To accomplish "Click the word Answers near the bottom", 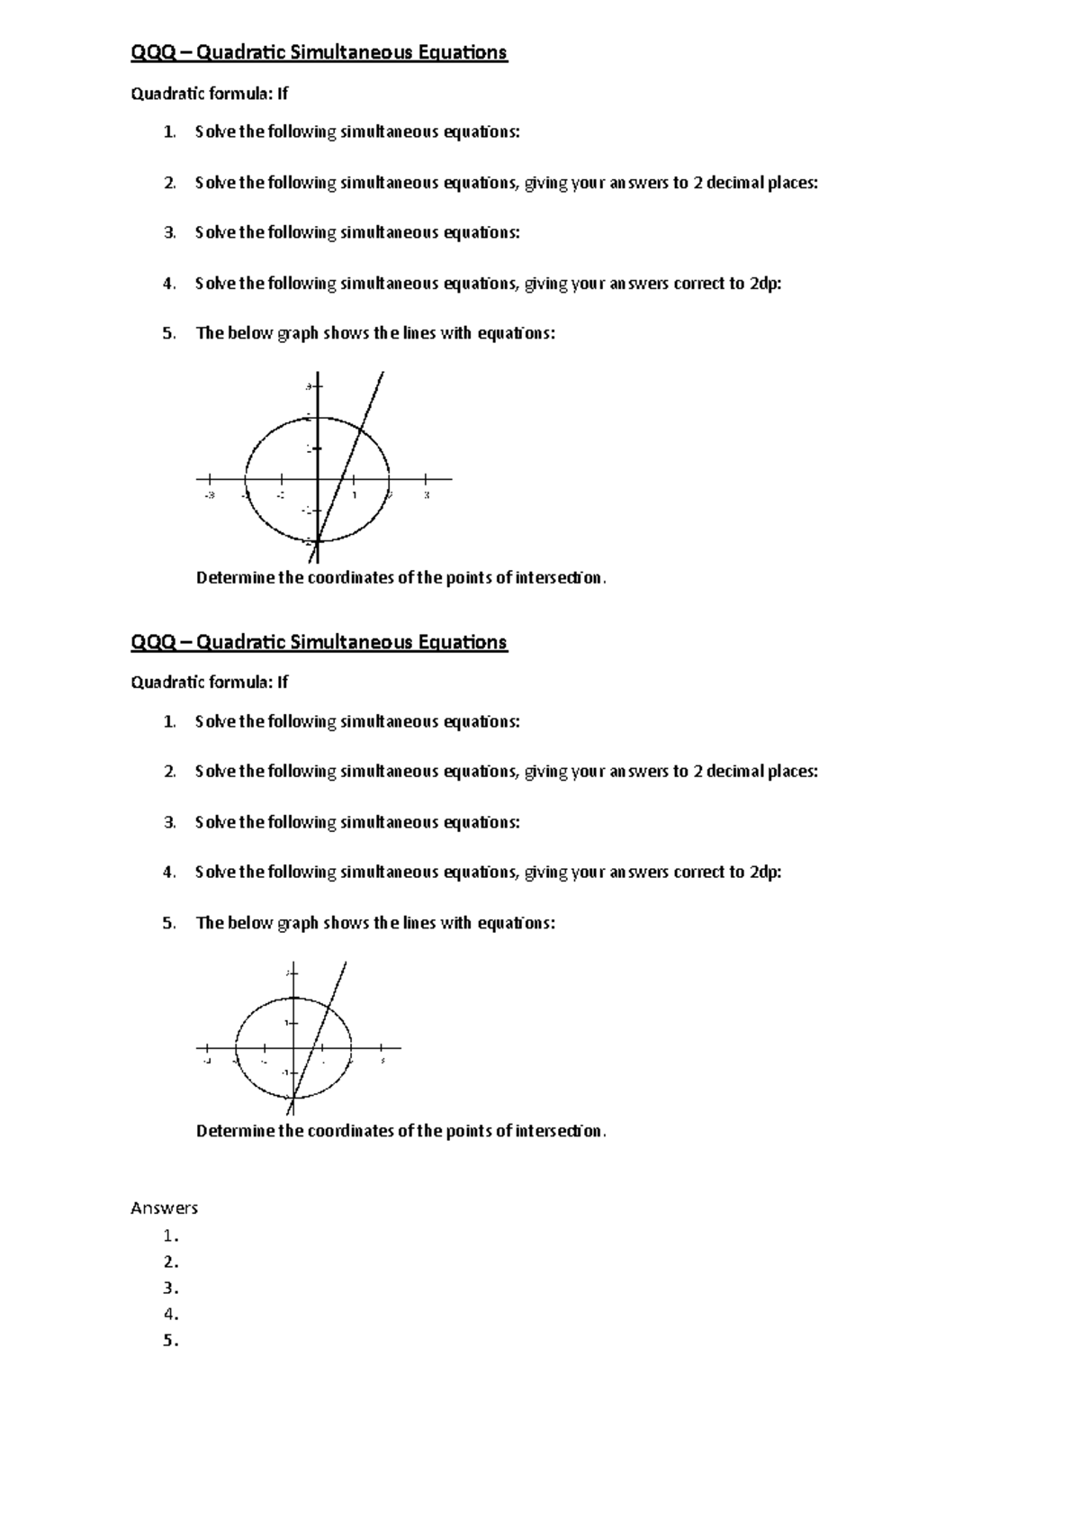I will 164,1208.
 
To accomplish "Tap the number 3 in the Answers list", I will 169,1288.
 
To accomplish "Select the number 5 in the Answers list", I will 169,1341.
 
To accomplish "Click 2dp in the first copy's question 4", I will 764,284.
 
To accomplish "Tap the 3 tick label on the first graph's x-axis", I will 427,494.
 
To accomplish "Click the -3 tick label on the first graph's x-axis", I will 209,494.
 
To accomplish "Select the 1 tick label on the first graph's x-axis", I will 355,494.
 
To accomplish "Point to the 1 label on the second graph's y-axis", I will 286,1022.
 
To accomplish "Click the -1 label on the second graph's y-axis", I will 284,1073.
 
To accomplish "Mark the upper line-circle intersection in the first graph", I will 361,430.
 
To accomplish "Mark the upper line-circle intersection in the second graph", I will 330,1006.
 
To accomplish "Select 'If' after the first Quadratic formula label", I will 282,94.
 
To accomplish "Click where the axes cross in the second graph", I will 294,1048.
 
